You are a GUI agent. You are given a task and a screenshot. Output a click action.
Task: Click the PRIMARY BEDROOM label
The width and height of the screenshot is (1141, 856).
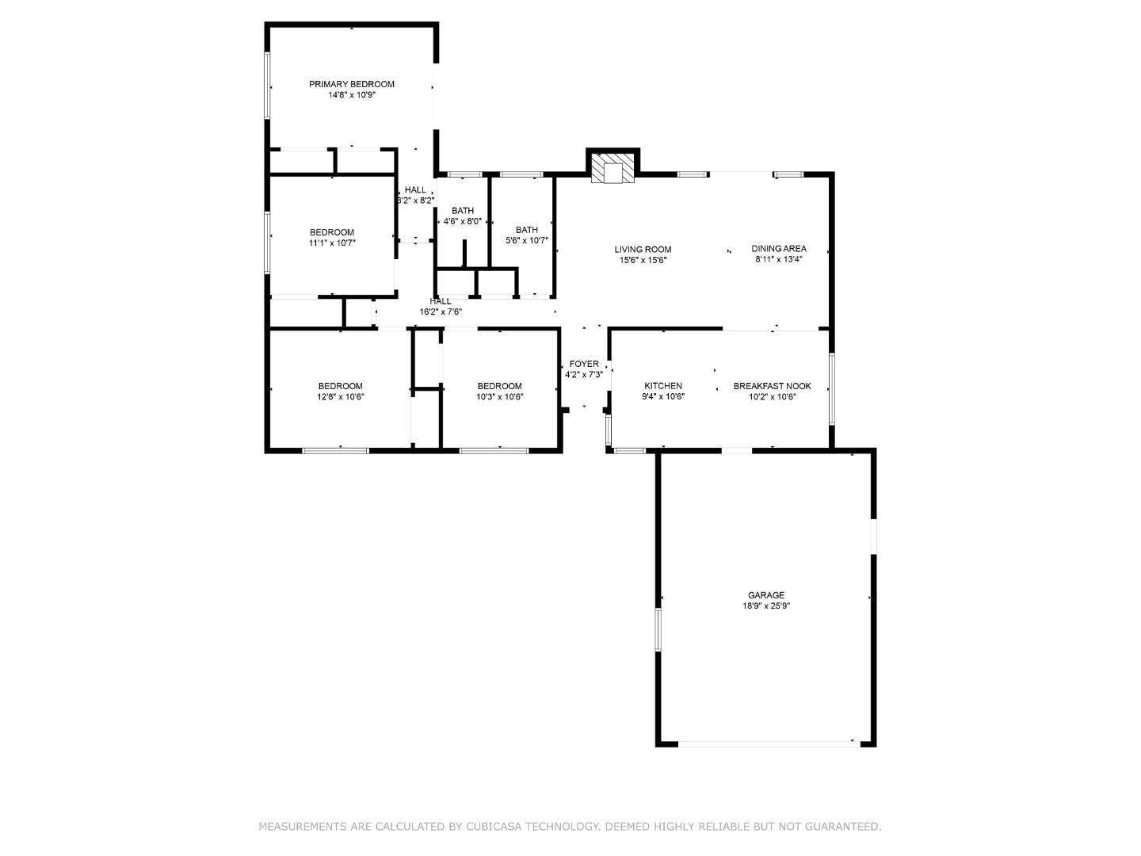(351, 84)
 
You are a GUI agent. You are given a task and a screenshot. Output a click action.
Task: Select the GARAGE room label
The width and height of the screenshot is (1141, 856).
(765, 595)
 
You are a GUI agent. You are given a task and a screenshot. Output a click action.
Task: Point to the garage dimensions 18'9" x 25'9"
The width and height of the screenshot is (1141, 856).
(765, 606)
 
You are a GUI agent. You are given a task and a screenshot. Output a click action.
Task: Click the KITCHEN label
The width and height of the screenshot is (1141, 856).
(662, 386)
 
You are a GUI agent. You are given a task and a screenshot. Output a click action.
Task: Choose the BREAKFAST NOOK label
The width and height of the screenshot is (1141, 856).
(772, 386)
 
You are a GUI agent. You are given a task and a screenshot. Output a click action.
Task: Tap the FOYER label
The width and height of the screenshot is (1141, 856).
(584, 365)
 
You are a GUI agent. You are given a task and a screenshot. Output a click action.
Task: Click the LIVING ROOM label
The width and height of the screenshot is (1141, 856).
(643, 249)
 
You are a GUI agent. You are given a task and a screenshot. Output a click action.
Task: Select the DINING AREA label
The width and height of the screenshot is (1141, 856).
(778, 249)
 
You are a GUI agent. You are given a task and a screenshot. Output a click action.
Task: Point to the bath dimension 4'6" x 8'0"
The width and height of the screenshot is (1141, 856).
(462, 222)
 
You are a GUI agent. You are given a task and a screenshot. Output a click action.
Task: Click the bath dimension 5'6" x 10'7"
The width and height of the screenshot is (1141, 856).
(526, 240)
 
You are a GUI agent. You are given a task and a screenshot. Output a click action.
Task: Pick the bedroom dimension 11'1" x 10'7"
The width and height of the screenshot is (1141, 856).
(332, 243)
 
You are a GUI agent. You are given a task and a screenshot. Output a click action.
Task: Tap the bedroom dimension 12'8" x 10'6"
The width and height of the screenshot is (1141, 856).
(340, 397)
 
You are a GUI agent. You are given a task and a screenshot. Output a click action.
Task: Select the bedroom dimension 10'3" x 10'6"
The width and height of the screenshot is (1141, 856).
(499, 397)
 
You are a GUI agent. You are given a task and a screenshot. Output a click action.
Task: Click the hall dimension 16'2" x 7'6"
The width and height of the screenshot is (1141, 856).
(440, 312)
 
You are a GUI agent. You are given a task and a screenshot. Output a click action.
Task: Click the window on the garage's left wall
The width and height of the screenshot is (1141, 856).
(658, 629)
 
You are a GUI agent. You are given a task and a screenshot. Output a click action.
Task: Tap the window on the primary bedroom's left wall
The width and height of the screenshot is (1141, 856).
(268, 86)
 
